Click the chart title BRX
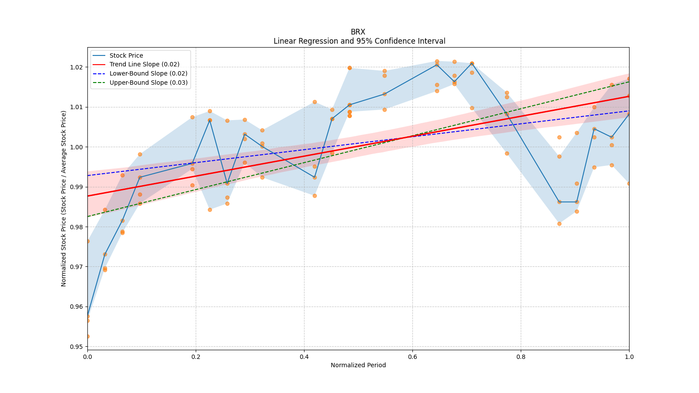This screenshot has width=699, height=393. tap(358, 32)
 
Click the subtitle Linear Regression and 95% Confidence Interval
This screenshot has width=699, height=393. tap(359, 41)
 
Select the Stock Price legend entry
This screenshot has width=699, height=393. tap(126, 55)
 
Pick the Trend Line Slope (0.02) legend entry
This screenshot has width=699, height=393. tap(144, 65)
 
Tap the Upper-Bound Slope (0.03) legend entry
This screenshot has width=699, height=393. tap(149, 83)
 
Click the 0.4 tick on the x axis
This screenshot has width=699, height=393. tap(304, 357)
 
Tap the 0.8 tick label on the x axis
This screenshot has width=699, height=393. tap(521, 357)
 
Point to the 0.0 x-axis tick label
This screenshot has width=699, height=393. tap(87, 357)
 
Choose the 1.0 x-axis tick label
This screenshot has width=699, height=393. tap(629, 357)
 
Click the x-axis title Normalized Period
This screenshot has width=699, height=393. tap(358, 365)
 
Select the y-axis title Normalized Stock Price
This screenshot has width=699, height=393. tap(64, 198)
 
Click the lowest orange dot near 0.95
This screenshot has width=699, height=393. tap(87, 336)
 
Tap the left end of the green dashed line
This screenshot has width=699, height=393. tap(88, 216)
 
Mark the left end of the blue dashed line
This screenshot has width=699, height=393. tap(88, 176)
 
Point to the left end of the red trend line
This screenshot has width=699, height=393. tap(88, 196)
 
